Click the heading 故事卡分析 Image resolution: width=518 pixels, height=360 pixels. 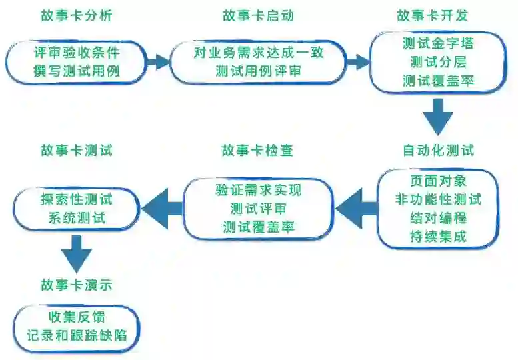click(76, 15)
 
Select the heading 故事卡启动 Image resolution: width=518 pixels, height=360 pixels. click(258, 15)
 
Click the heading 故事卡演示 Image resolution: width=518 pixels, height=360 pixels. click(76, 286)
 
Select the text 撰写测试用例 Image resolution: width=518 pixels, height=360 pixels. click(76, 71)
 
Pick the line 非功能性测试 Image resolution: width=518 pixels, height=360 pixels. click(438, 199)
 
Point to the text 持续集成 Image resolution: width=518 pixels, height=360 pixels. click(438, 236)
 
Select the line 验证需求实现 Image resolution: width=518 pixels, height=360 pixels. click(259, 190)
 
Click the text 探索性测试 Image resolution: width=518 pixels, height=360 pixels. click(76, 199)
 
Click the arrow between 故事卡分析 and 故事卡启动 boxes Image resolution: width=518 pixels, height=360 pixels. click(159, 62)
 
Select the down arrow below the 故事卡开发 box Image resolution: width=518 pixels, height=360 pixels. click(438, 117)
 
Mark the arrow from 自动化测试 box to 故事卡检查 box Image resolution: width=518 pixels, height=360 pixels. click(356, 208)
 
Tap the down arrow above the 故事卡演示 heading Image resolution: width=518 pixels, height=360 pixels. click(76, 253)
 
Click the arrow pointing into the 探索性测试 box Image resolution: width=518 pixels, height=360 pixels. click(161, 209)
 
